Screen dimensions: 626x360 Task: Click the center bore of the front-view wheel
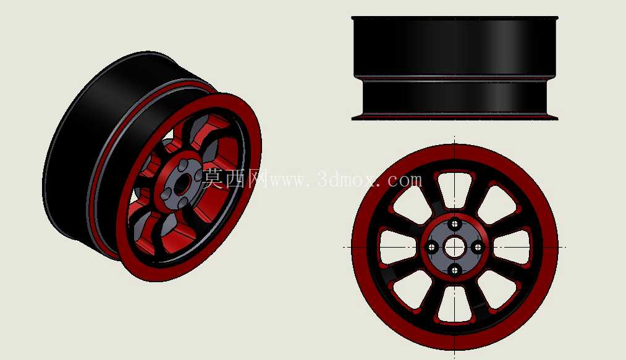pos(454,248)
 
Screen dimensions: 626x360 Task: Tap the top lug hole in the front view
pos(454,224)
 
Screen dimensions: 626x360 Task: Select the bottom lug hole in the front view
pos(454,271)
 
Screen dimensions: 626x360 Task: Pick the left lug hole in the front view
pos(431,248)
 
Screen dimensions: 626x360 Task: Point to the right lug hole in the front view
pos(478,248)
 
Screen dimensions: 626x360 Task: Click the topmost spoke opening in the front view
pos(454,188)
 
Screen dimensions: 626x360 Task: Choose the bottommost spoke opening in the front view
pos(454,305)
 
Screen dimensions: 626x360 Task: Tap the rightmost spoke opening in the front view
pos(512,247)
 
